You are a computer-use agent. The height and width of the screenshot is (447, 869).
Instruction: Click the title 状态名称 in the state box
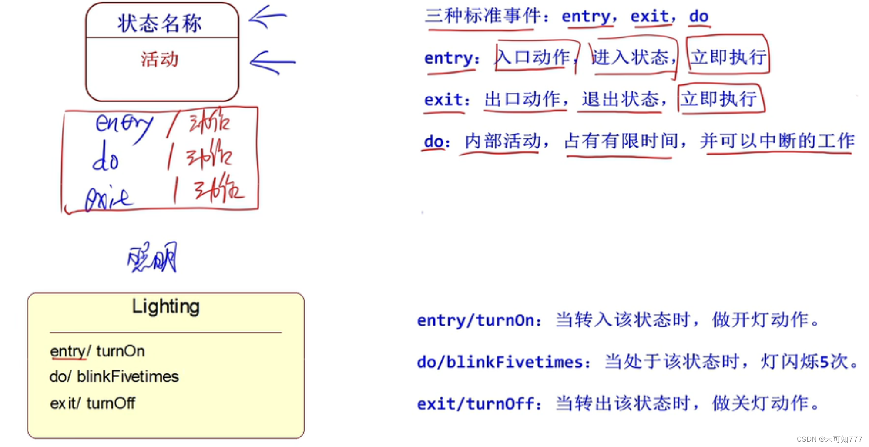pyautogui.click(x=160, y=24)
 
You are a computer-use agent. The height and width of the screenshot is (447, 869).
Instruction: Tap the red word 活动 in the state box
pyautogui.click(x=160, y=59)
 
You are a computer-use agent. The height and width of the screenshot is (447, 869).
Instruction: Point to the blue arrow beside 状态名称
pyautogui.click(x=267, y=17)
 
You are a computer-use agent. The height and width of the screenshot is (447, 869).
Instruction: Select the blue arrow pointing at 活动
pyautogui.click(x=272, y=62)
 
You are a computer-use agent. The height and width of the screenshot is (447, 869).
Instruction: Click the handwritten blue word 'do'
pyautogui.click(x=105, y=157)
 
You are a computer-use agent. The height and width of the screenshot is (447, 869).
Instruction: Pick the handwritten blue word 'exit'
pyautogui.click(x=108, y=199)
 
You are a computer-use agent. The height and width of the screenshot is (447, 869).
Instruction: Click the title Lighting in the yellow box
pyautogui.click(x=166, y=306)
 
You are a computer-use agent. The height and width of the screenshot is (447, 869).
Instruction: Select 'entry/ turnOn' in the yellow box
pyautogui.click(x=97, y=351)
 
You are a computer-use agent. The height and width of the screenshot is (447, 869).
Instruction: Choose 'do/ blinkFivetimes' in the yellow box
pyautogui.click(x=114, y=376)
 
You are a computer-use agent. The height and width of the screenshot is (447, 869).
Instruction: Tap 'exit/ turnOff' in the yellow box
pyautogui.click(x=92, y=403)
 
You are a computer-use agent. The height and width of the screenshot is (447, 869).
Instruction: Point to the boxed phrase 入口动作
pyautogui.click(x=533, y=57)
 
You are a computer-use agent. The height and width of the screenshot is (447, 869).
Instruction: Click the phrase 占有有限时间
pyautogui.click(x=621, y=141)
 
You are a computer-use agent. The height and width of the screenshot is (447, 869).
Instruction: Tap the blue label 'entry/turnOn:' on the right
pyautogui.click(x=479, y=320)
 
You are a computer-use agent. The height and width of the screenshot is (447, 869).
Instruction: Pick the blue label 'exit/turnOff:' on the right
pyautogui.click(x=479, y=404)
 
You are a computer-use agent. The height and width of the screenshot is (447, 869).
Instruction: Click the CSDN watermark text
pyautogui.click(x=829, y=439)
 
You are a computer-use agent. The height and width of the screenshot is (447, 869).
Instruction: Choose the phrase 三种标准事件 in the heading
pyautogui.click(x=483, y=16)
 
